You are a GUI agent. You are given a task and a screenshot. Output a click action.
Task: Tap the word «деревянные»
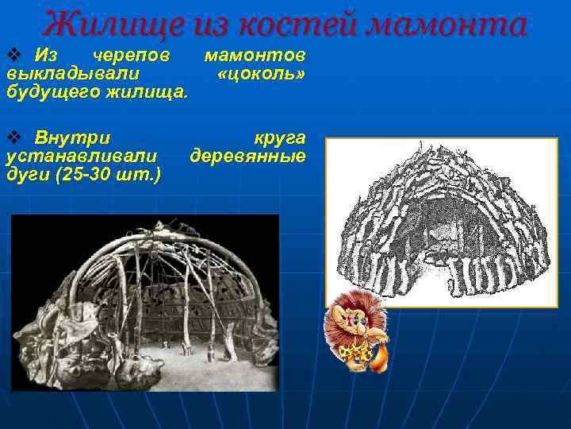(x=247, y=155)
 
